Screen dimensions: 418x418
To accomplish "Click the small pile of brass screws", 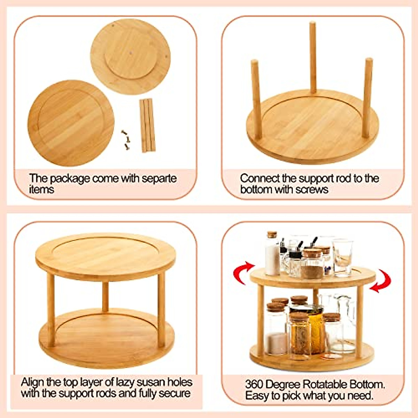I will (x=126, y=139).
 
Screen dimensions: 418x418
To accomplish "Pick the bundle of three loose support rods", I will (x=147, y=125).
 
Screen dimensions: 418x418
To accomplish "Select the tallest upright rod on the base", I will (x=312, y=57).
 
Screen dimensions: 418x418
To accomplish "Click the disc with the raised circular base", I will (x=131, y=56).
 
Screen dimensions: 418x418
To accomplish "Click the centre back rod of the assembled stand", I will (x=105, y=296).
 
